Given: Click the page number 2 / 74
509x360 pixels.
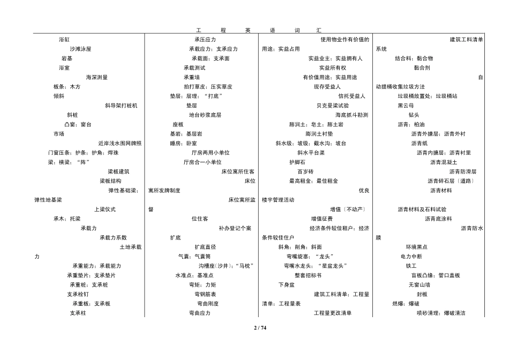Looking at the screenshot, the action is tap(260, 327).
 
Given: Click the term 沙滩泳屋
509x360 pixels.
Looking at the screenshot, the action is tap(80, 49).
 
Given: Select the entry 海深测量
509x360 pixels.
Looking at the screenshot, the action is tap(97, 77).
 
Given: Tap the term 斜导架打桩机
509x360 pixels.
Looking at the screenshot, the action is tap(121, 106).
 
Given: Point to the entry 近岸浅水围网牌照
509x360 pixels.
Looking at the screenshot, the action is tap(120, 143).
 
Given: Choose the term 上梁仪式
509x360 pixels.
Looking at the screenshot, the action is tap(105, 209).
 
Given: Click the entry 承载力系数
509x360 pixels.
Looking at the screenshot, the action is tap(113, 238).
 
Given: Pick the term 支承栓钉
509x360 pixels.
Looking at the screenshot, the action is tap(78, 294).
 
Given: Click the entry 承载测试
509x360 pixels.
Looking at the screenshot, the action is tap(194, 68).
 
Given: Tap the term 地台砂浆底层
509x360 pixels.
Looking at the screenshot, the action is tap(205, 115).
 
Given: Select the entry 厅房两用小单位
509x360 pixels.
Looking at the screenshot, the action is tap(211, 153).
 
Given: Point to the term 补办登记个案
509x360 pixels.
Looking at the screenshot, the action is tap(235, 228).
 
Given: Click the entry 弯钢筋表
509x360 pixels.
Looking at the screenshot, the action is tap(205, 294).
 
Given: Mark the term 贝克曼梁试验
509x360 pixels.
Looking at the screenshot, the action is tap(333, 106).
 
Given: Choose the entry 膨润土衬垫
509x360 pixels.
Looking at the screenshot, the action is tap(319, 134).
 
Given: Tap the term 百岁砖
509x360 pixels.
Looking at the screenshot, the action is tap(305, 171).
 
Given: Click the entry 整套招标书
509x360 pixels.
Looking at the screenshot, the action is tap(308, 275).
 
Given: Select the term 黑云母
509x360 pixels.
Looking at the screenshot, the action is tap(406, 106).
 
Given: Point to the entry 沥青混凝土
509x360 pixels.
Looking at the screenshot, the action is tap(444, 162).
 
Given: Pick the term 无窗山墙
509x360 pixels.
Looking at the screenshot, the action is tap(420, 284).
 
